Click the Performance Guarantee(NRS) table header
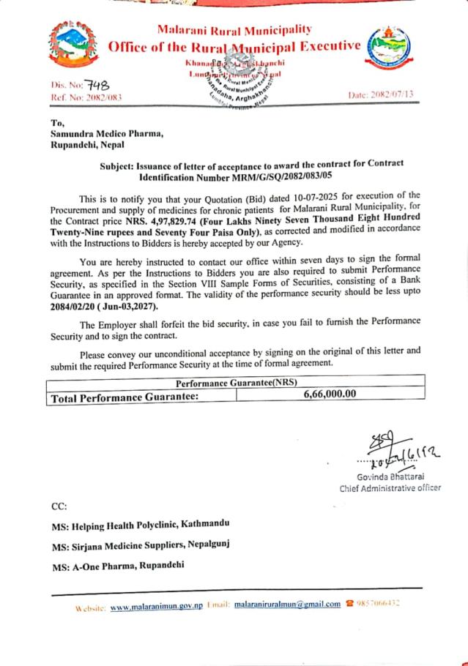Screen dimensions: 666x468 click(x=236, y=382)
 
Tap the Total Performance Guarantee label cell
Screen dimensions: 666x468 click(x=125, y=395)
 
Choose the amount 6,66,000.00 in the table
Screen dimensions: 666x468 click(x=330, y=394)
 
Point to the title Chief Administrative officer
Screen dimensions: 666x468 click(x=390, y=488)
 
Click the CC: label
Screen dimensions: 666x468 click(x=59, y=506)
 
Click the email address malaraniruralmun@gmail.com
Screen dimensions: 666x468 click(x=288, y=605)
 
